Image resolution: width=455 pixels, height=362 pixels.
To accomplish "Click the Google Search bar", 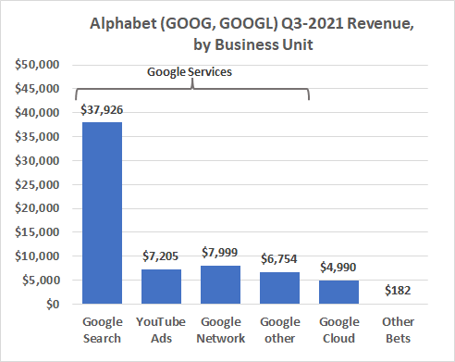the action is point(102,213).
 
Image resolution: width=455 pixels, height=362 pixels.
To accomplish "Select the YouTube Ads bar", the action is point(161,287).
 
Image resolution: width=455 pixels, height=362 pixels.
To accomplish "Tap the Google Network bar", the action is point(220,285).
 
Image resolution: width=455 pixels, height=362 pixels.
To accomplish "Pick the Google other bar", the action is point(279,288).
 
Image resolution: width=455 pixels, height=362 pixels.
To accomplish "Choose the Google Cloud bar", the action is point(338,293).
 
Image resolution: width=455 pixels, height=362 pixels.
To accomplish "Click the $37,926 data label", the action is point(102,110).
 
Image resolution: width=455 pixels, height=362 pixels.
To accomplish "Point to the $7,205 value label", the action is point(160,256).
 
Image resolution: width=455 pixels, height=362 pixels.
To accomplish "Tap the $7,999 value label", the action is point(220,253).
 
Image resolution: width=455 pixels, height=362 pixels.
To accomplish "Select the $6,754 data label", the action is point(279,258).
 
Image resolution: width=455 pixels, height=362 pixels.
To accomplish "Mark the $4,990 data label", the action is point(338,267).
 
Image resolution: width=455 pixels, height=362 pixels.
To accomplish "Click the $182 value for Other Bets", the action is point(398,290).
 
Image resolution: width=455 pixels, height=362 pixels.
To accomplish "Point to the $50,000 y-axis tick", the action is point(37,65).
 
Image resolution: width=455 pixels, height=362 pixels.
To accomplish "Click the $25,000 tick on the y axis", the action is point(37,184).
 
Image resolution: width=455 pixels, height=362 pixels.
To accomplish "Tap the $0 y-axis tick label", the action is point(53,305).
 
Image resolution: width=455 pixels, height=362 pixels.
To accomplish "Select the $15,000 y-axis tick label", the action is point(37,232).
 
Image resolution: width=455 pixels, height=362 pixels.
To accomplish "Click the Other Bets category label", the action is point(398,330).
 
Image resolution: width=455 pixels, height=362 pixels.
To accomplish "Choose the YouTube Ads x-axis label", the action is point(161,330).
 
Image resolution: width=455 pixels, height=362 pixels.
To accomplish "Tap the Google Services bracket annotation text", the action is point(190,72).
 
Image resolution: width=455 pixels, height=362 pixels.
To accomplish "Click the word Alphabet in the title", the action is point(123,24).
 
